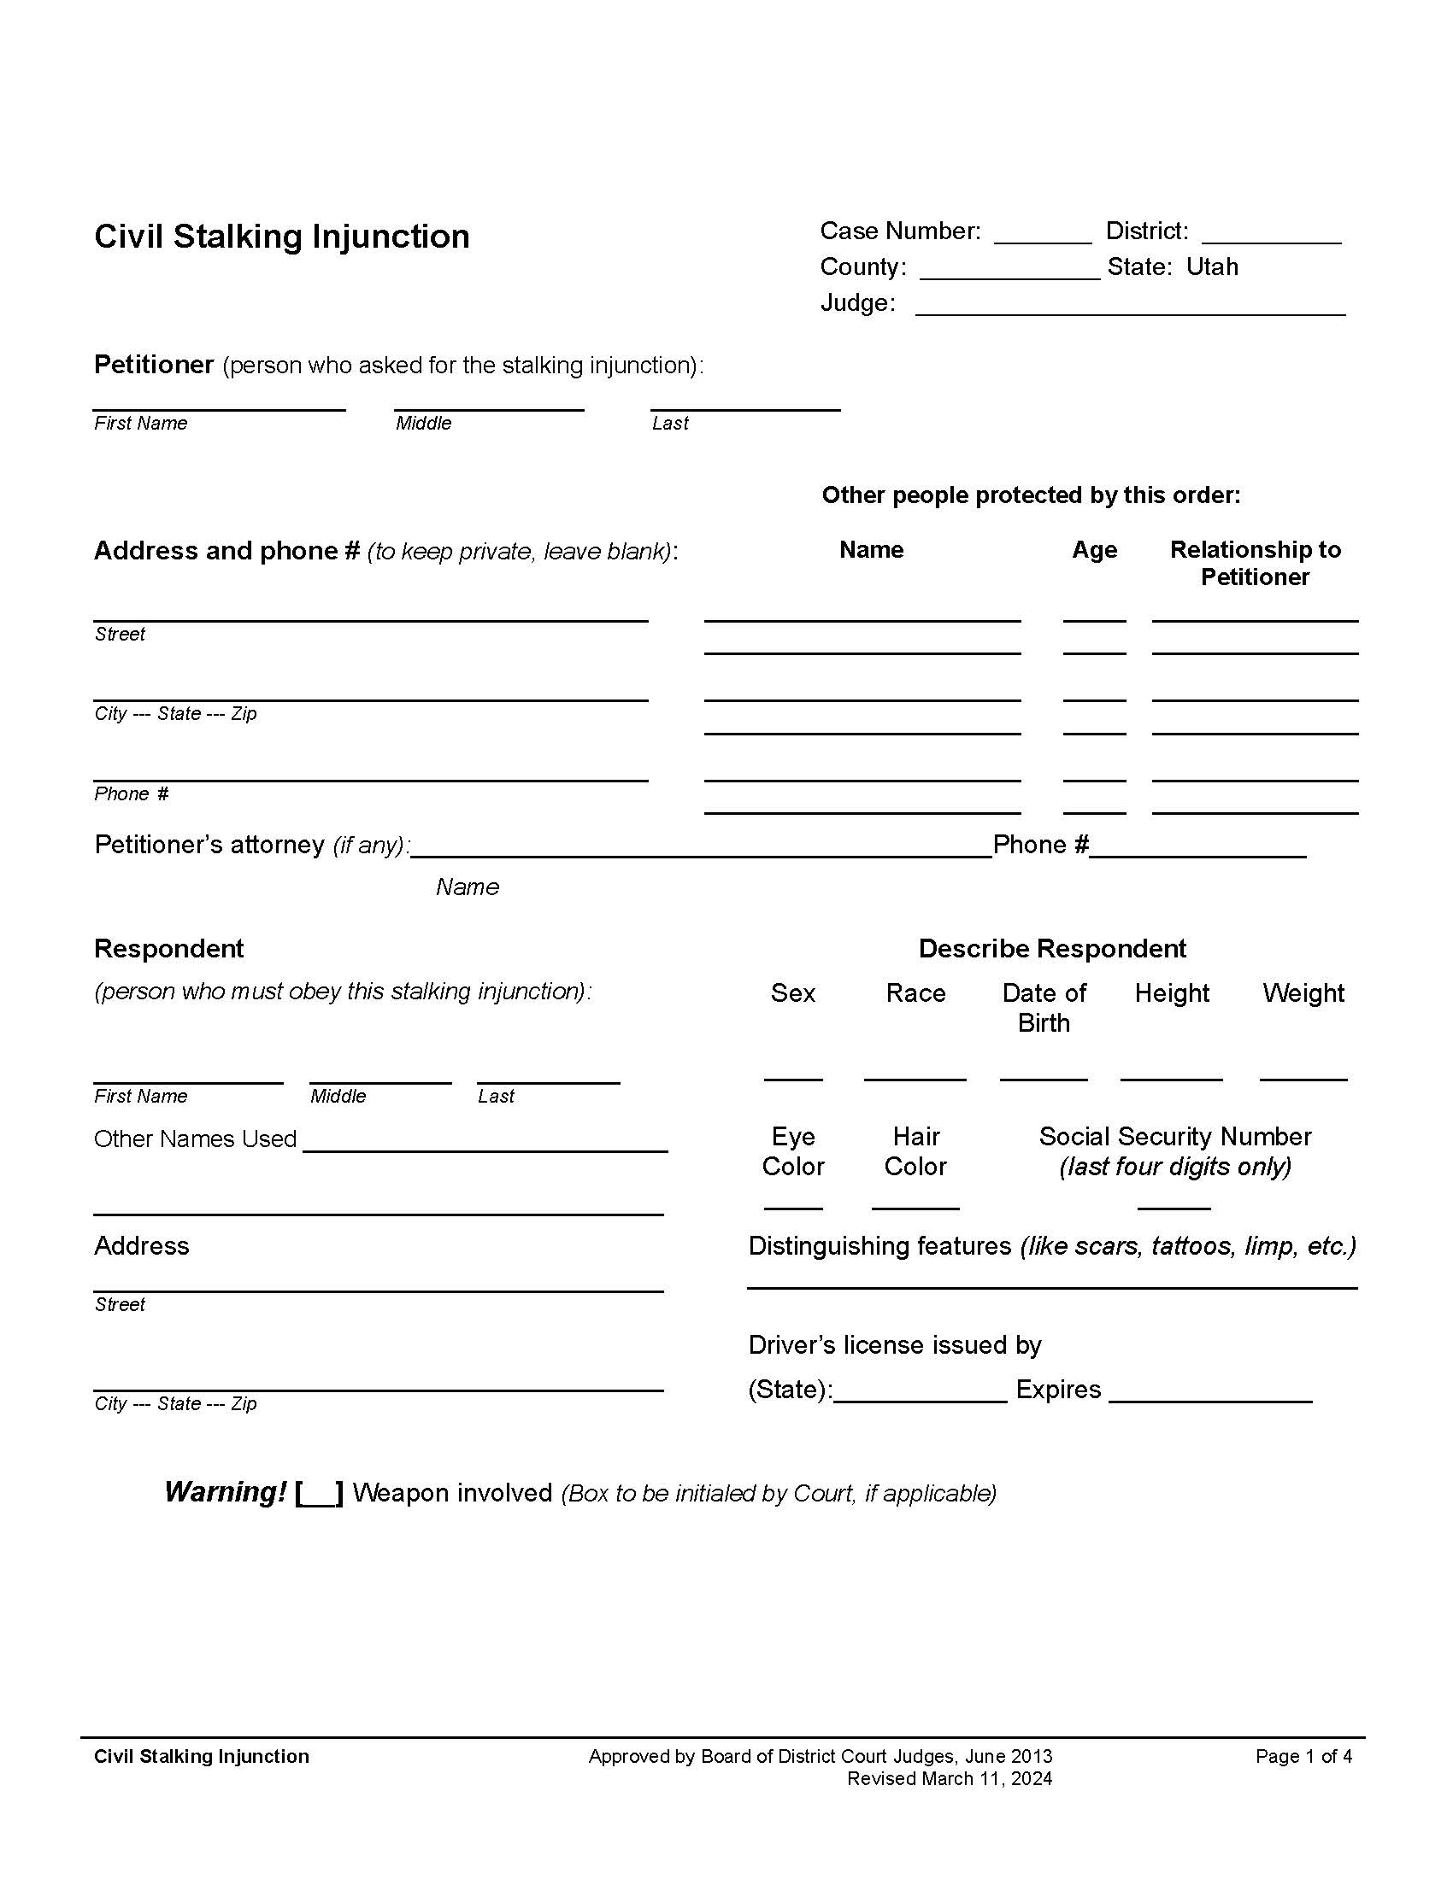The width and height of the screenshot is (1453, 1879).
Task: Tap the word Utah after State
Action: click(x=1212, y=266)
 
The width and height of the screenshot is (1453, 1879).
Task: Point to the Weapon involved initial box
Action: click(x=320, y=1493)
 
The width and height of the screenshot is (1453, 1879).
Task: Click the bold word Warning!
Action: click(x=226, y=1492)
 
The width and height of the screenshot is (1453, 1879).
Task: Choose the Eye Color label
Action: click(x=793, y=1151)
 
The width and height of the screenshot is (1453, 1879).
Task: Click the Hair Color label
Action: click(x=915, y=1151)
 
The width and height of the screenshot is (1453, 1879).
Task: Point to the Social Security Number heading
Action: click(x=1175, y=1137)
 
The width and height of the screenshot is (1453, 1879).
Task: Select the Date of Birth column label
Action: click(x=1044, y=1008)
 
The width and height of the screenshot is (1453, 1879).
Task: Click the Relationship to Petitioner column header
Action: click(x=1255, y=563)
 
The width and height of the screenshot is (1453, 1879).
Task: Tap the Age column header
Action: click(x=1094, y=550)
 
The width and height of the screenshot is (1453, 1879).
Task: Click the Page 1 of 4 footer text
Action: click(x=1303, y=1756)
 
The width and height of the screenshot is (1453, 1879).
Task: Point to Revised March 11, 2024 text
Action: click(x=950, y=1778)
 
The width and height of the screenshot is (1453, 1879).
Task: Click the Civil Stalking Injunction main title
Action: click(x=281, y=237)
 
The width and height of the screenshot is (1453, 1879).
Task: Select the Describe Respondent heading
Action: click(x=1052, y=948)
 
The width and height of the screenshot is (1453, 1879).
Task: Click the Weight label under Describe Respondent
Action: click(x=1303, y=992)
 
